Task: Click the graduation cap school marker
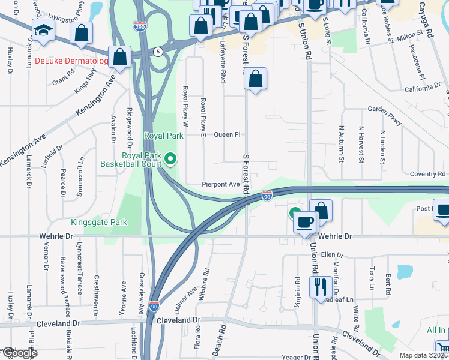[43, 31]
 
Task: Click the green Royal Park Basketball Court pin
[171, 158]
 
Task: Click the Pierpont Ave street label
[220, 185]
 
